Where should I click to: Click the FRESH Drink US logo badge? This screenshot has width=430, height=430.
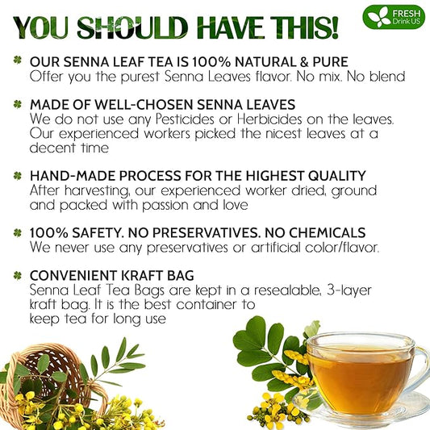pyautogui.click(x=393, y=17)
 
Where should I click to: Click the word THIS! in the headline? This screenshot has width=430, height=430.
pyautogui.click(x=307, y=27)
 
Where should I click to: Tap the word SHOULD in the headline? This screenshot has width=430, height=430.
pyautogui.click(x=132, y=27)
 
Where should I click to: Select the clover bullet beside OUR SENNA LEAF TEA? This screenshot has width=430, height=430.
pyautogui.click(x=17, y=60)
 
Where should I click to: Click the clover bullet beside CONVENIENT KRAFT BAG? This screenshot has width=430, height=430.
pyautogui.click(x=17, y=275)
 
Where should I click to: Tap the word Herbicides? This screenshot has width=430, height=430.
pyautogui.click(x=269, y=119)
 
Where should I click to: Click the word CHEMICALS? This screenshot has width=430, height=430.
pyautogui.click(x=328, y=233)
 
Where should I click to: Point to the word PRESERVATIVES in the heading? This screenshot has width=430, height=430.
pyautogui.click(x=206, y=233)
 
